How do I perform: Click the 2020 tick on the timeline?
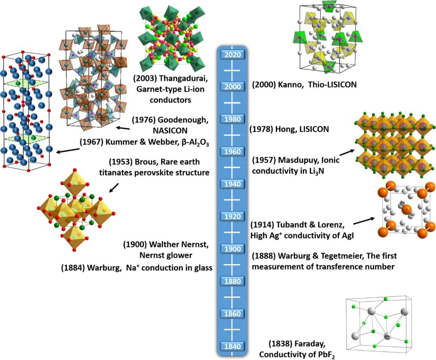pos(232,54)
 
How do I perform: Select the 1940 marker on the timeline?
pos(232,184)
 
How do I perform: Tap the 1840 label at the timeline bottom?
pos(232,346)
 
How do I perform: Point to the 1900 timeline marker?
pos(232,249)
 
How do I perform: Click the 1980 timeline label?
pos(232,119)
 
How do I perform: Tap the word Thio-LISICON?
pos(334,85)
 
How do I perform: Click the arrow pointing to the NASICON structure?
pos(123,128)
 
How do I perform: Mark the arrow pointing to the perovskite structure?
pos(115,188)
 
